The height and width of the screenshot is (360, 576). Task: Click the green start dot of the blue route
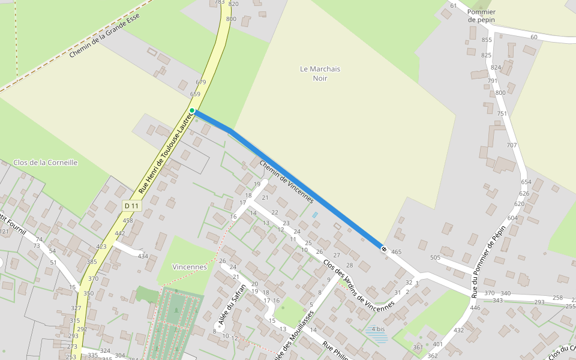tap(192, 110)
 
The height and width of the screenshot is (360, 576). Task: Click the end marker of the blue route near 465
tap(383, 248)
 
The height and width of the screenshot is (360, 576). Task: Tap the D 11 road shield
tap(131, 206)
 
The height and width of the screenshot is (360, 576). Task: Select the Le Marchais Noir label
tap(320, 73)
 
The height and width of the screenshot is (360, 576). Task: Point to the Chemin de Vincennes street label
tap(286, 181)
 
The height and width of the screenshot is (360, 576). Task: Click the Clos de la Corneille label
tap(46, 163)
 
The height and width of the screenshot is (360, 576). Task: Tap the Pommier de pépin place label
tap(481, 16)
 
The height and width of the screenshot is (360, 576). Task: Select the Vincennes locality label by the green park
tap(190, 266)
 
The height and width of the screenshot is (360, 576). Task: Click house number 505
tap(435, 257)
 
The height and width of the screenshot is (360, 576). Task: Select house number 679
tap(201, 82)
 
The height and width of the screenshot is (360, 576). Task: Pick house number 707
tap(511, 145)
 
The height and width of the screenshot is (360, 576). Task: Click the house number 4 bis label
tap(378, 329)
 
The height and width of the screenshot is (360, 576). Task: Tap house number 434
tap(143, 256)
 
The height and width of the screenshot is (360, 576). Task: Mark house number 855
tap(487, 40)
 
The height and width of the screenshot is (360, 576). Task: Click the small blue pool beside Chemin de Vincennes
tap(315, 215)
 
